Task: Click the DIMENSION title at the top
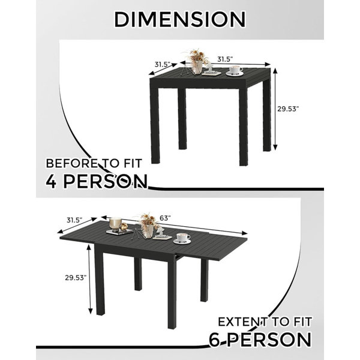[x=180, y=20]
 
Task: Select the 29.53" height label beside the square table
[x=288, y=109]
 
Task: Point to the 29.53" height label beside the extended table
[x=76, y=278]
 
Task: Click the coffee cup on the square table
[x=235, y=70]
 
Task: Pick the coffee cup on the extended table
[x=182, y=239]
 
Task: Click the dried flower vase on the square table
[x=197, y=61]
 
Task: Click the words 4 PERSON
[x=97, y=181]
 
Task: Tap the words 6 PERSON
[x=260, y=340]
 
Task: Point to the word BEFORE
[x=71, y=163]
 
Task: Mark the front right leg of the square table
[x=243, y=126]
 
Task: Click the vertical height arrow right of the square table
[x=275, y=109]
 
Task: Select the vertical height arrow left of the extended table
[x=90, y=279]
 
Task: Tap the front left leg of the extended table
[x=100, y=280]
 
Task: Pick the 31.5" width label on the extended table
[x=74, y=220]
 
